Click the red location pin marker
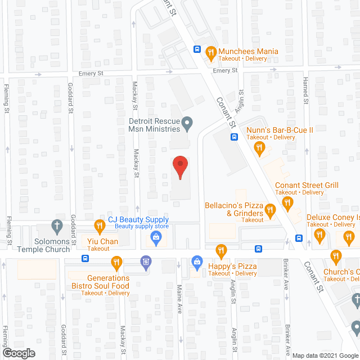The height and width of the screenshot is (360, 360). [179, 167]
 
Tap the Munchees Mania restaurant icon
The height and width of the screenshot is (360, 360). [211, 52]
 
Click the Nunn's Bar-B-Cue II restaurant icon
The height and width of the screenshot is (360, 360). [259, 148]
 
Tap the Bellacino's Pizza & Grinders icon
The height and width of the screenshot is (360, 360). [269, 211]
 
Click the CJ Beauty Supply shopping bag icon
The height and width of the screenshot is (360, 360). [155, 239]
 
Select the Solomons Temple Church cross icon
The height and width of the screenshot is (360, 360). [56, 227]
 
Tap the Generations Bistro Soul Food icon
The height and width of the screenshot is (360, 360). [116, 261]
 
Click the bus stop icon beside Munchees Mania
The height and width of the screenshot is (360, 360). [197, 49]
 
